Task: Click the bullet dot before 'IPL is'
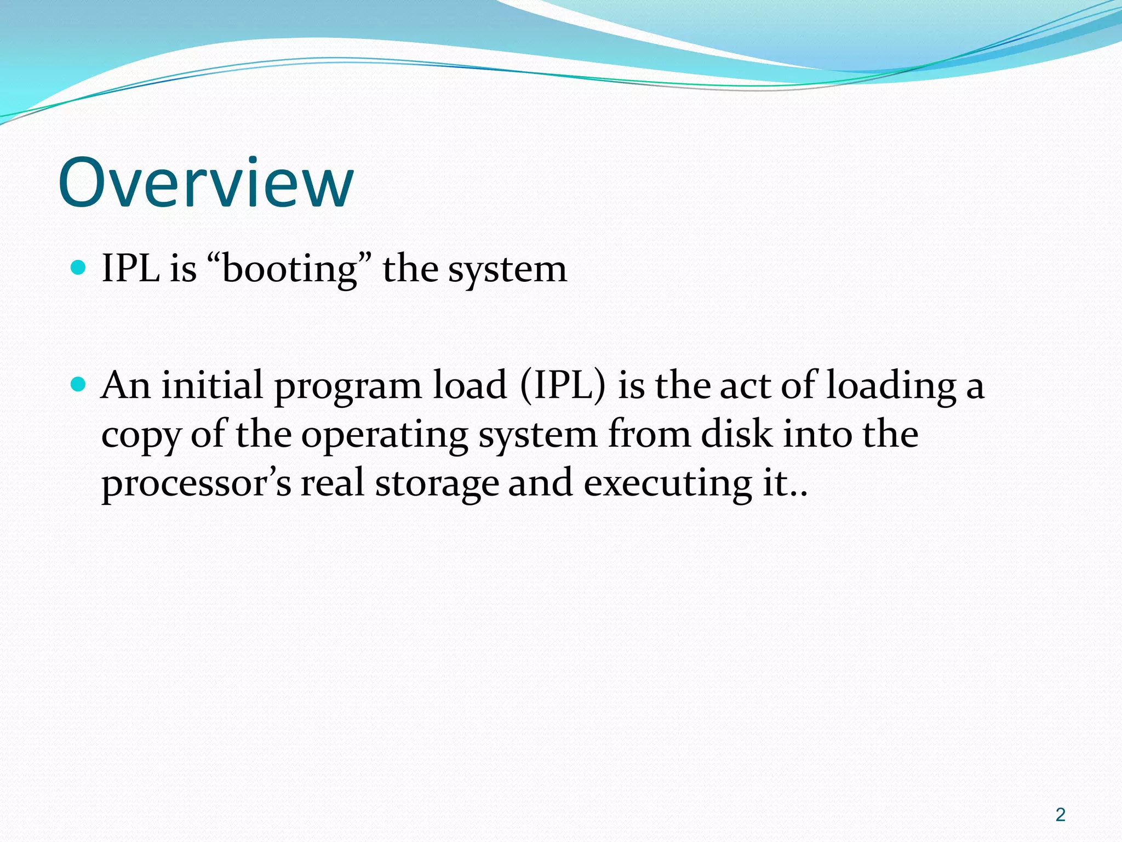coord(79,268)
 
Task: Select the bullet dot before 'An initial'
coord(79,384)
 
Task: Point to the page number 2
coord(1060,815)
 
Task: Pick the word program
coord(348,387)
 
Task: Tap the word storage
coord(437,485)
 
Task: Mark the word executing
coord(667,485)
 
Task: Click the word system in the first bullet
coord(507,270)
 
